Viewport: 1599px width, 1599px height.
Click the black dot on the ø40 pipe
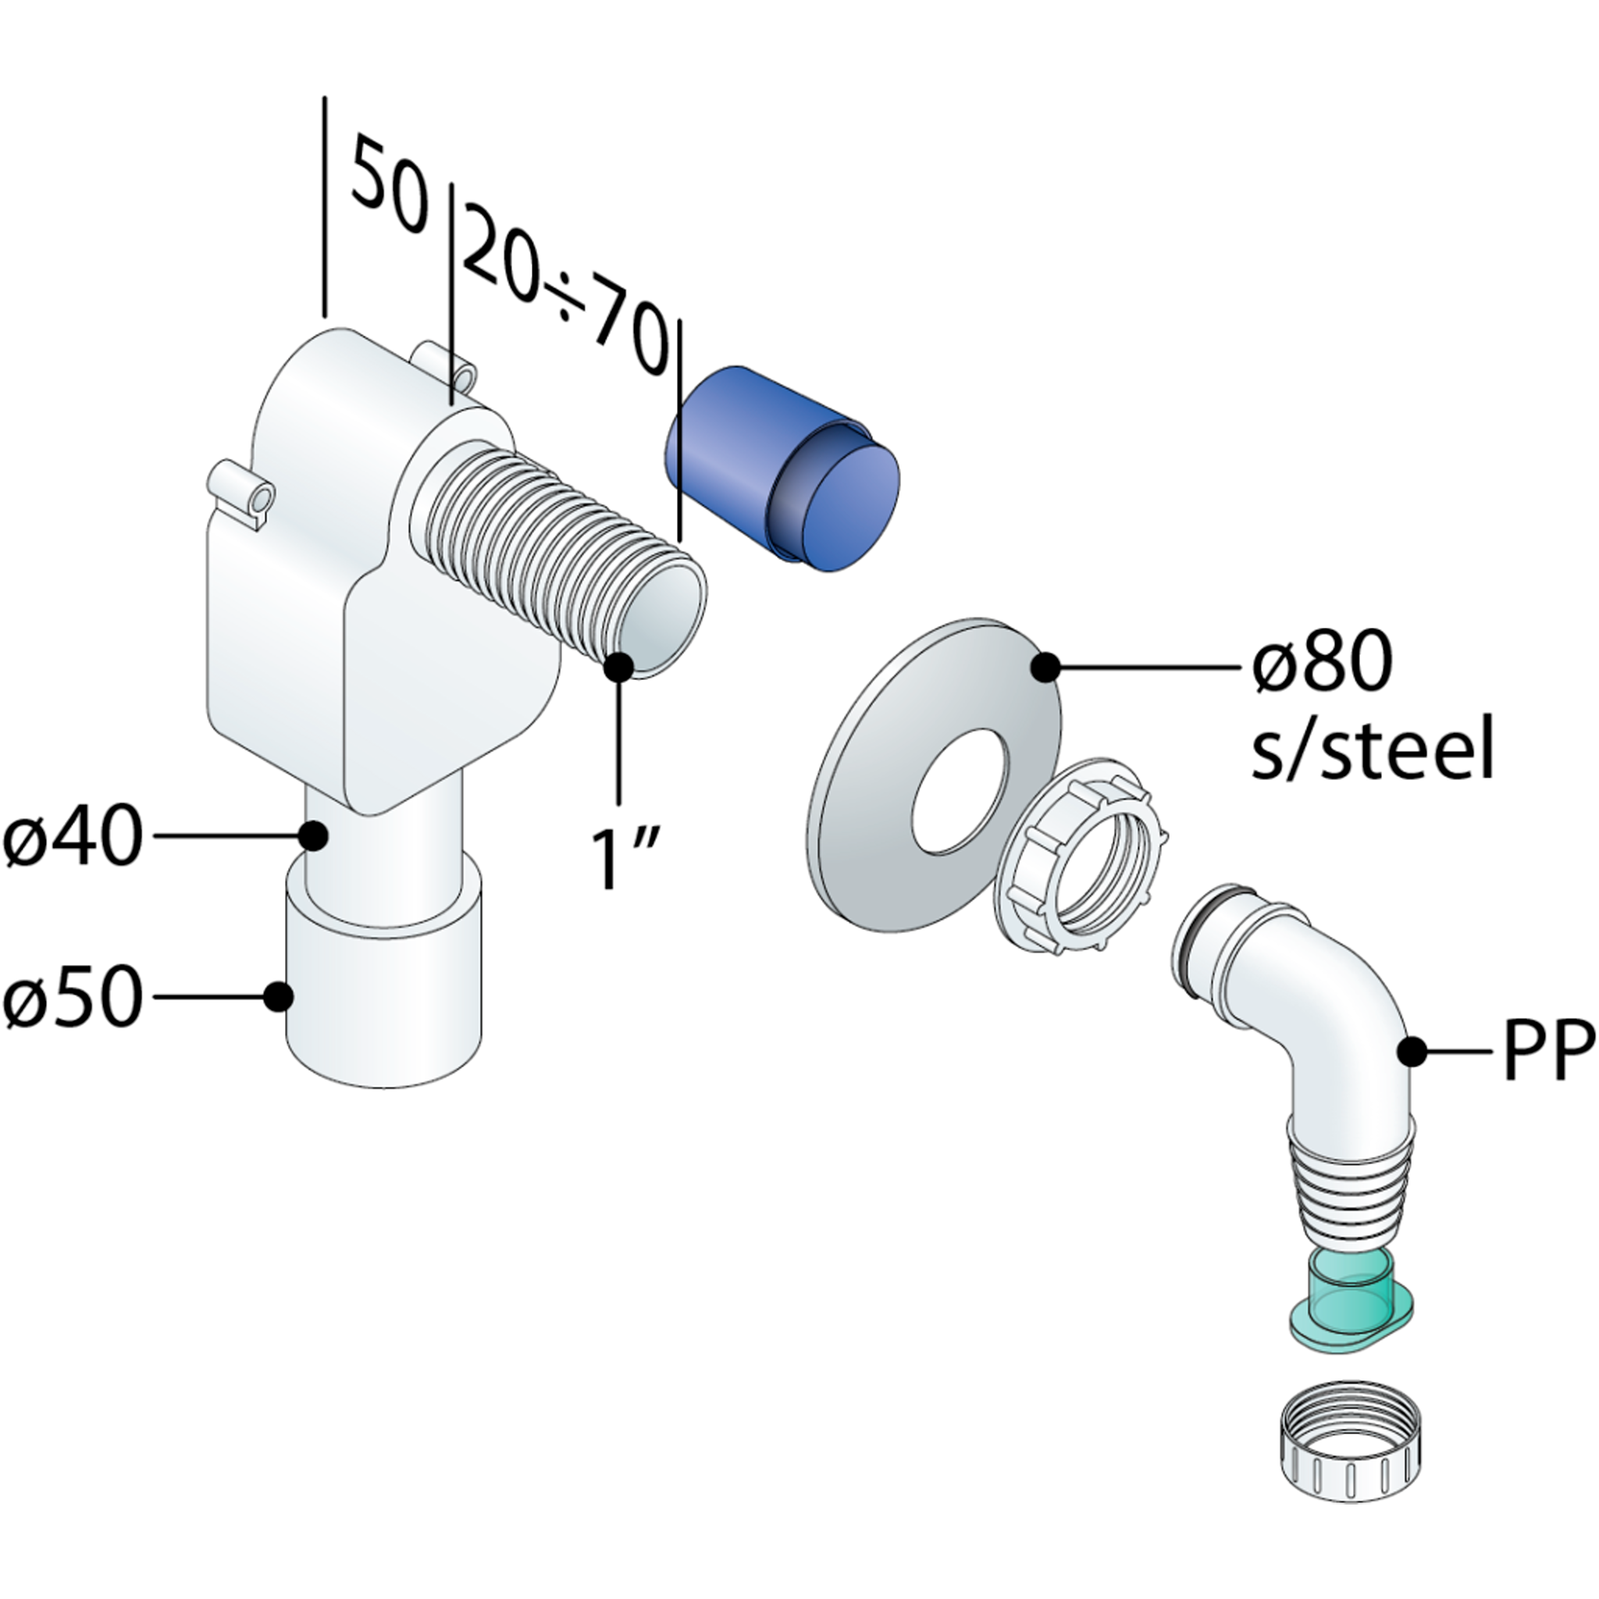313,836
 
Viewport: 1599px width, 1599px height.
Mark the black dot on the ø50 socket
279,996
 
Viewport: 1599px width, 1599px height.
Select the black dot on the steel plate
1046,666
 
